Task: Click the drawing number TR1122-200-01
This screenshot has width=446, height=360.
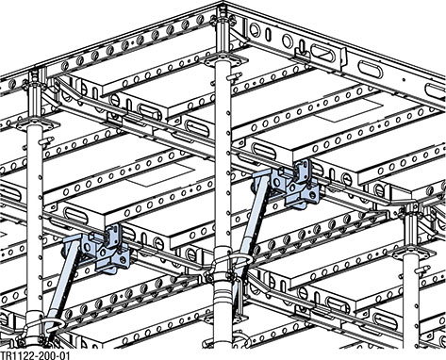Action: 34,355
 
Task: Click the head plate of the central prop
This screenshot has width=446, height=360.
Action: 223,60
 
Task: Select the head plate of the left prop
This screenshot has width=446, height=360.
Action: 38,123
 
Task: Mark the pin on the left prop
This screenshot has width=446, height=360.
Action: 47,140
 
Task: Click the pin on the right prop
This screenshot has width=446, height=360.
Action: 423,269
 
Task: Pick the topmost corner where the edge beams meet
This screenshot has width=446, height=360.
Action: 223,3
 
